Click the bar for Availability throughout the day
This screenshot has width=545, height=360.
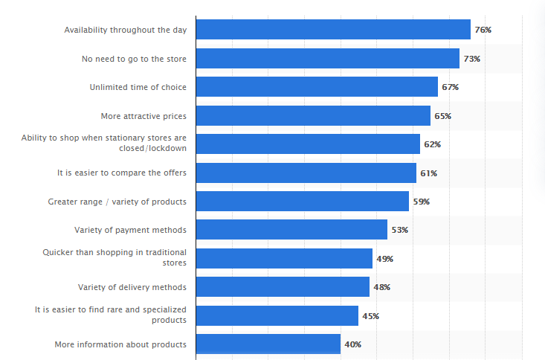[x=333, y=30]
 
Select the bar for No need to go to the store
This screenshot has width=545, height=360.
[x=328, y=58]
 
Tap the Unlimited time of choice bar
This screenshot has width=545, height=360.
[x=317, y=87]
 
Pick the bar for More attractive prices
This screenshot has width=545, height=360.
[x=313, y=115]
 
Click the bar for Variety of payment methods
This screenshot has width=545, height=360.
[x=291, y=230]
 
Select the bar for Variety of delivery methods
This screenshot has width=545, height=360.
[x=283, y=287]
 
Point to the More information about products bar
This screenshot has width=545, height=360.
[x=268, y=344]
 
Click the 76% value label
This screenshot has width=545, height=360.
[x=483, y=30]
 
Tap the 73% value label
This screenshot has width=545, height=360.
[x=471, y=58]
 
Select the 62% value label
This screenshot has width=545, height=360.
[x=432, y=144]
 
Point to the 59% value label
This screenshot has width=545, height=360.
[x=421, y=202]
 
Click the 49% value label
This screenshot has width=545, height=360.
[x=384, y=259]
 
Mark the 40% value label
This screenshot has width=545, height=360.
[x=352, y=344]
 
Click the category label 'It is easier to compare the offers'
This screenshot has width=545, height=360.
[x=122, y=173]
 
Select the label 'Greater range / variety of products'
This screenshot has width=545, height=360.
[x=117, y=202]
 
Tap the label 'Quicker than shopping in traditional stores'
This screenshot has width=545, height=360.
[x=115, y=257]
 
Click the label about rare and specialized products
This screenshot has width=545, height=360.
[x=111, y=315]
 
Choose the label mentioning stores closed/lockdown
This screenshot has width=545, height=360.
[x=103, y=143]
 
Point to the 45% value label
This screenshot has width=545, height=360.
[x=370, y=316]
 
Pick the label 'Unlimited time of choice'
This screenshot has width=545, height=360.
[x=138, y=87]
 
